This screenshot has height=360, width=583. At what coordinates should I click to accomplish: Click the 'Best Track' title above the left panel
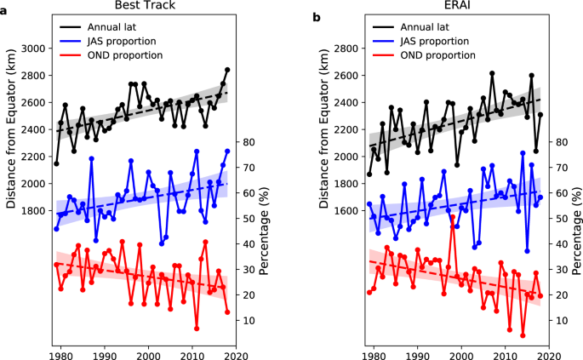pos(145,8)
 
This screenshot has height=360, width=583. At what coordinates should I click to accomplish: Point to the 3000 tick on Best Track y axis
pos(35,49)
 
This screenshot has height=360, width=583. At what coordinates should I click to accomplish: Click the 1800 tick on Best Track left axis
pos(35,210)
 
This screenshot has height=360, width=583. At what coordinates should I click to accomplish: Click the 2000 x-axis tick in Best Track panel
pos(149,349)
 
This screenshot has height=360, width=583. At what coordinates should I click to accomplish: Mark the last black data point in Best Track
pos(227,70)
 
